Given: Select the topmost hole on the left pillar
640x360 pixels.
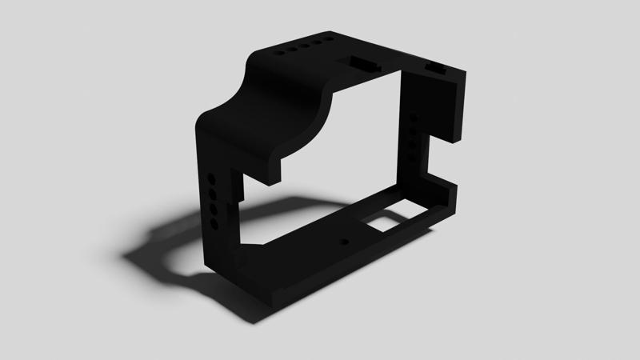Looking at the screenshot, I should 211,177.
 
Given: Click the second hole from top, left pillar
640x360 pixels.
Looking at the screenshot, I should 213,193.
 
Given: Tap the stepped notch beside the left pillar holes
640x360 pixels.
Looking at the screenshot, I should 236,192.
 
